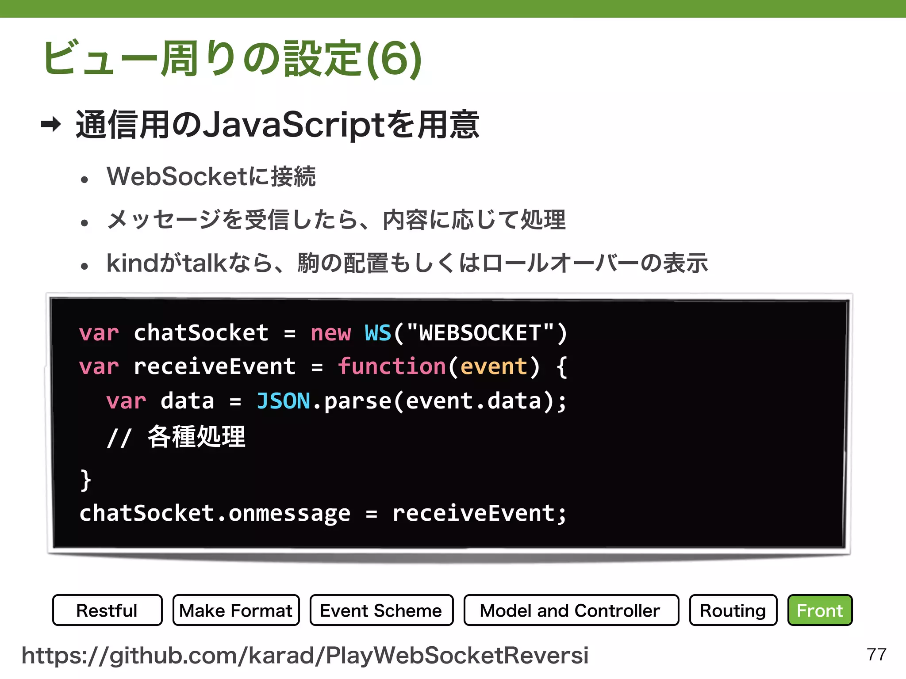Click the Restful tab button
(107, 610)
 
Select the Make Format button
(236, 610)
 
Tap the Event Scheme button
(381, 610)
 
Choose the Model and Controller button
(571, 610)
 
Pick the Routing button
(733, 610)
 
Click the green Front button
(820, 610)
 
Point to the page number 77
(876, 654)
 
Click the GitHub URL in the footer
(305, 655)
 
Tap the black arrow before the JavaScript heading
(51, 124)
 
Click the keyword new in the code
(330, 333)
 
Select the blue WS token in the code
(378, 333)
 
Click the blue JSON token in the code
(283, 401)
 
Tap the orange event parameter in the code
(494, 366)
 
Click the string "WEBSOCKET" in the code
(480, 333)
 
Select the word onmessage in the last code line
(289, 513)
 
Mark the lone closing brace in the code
(85, 480)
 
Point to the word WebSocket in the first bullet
(177, 176)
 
